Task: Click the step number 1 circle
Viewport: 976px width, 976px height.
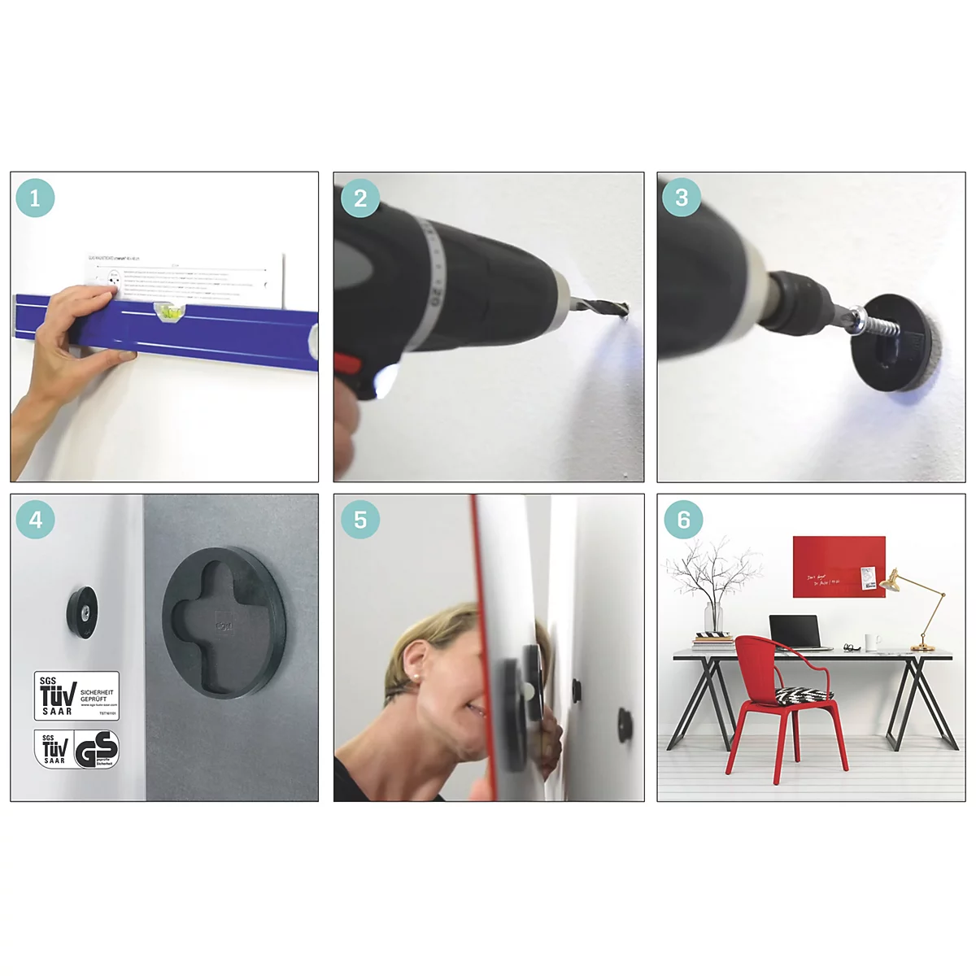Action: (x=35, y=198)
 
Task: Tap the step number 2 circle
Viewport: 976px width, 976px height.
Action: (x=359, y=198)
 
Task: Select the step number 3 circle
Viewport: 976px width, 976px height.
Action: (x=682, y=198)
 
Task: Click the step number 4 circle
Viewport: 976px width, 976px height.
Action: (x=35, y=520)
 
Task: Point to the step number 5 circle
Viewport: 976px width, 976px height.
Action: (x=359, y=520)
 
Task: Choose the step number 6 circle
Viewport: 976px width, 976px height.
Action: (x=683, y=520)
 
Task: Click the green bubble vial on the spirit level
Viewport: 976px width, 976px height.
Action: (x=171, y=310)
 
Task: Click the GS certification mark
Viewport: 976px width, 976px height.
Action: (x=97, y=749)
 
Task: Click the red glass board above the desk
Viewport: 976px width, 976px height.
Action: (x=838, y=567)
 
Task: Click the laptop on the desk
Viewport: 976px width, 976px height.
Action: (x=795, y=633)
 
